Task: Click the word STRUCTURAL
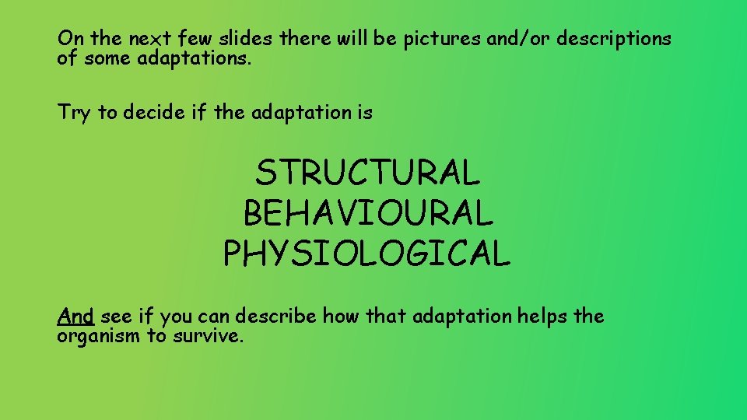pos(367,173)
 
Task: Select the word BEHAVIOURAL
pos(367,212)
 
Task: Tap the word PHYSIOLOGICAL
pos(367,253)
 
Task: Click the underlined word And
pos(75,317)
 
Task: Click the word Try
pos(74,113)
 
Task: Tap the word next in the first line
pos(142,39)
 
